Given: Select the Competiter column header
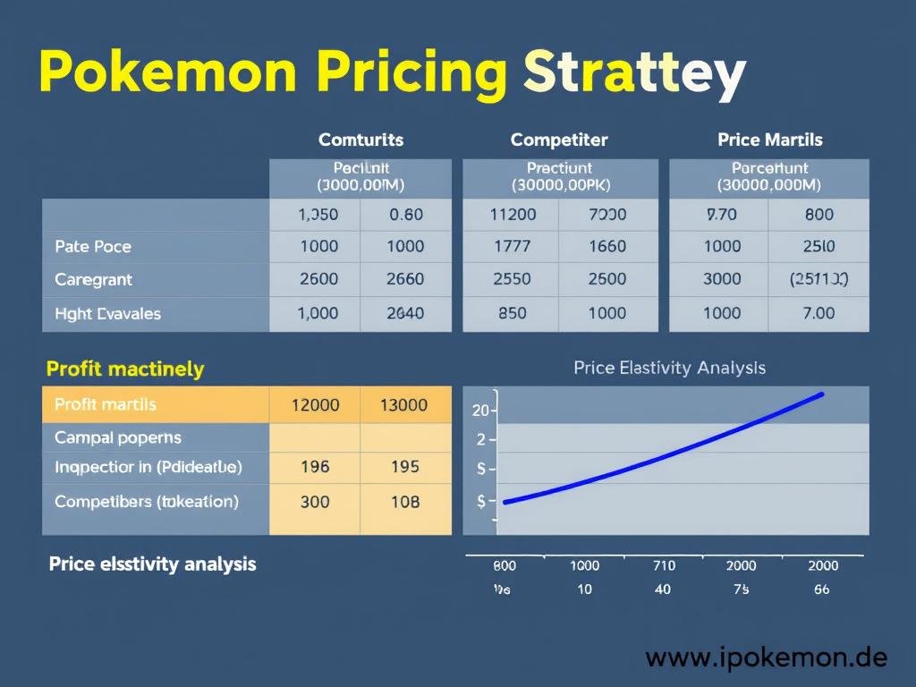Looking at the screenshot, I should pos(559,140).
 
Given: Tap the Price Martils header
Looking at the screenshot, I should pos(769,140).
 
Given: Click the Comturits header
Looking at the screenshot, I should pos(360,140).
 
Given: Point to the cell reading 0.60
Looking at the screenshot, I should pos(405,215).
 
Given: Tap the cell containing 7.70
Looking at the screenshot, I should pos(721,215).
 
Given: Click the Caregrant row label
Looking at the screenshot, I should pos(93,280).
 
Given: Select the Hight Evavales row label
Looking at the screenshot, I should pos(107,313).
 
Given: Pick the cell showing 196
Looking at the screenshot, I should pos(315,466).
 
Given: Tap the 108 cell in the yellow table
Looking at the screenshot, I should pos(405,502).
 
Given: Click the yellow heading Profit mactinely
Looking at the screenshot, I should pos(125,369).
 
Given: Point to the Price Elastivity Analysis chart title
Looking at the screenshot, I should pos(669,368).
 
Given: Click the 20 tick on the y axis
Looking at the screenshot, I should pos(480,411).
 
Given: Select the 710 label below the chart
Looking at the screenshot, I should pos(663,565).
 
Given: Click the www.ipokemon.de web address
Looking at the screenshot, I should pos(767,658).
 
